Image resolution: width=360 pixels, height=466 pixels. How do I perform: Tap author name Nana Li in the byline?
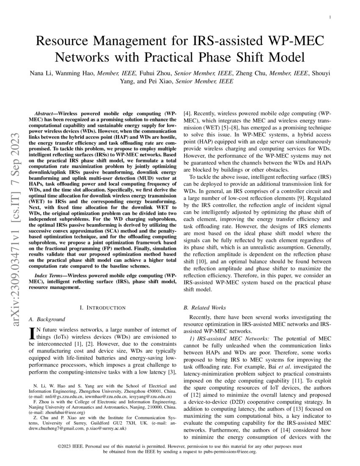coord(41,73)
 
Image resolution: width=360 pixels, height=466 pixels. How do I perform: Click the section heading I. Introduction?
coord(102,307)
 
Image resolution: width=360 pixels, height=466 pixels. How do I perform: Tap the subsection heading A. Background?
coord(47,319)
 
